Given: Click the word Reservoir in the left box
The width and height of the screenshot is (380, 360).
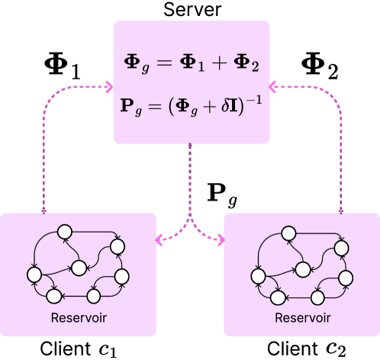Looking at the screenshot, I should pos(79,317).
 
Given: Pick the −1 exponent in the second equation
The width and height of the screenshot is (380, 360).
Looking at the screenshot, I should pos(253,98).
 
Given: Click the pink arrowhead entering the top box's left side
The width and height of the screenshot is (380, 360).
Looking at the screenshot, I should pos(108,87).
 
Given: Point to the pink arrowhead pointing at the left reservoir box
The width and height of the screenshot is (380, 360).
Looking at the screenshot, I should pos(160,239).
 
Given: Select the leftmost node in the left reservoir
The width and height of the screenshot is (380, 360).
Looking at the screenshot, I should pos(34,274).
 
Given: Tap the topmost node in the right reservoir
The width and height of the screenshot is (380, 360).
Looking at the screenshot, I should pos(288,232).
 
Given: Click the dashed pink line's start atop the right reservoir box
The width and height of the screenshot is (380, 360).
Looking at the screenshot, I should pos(340,210).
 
